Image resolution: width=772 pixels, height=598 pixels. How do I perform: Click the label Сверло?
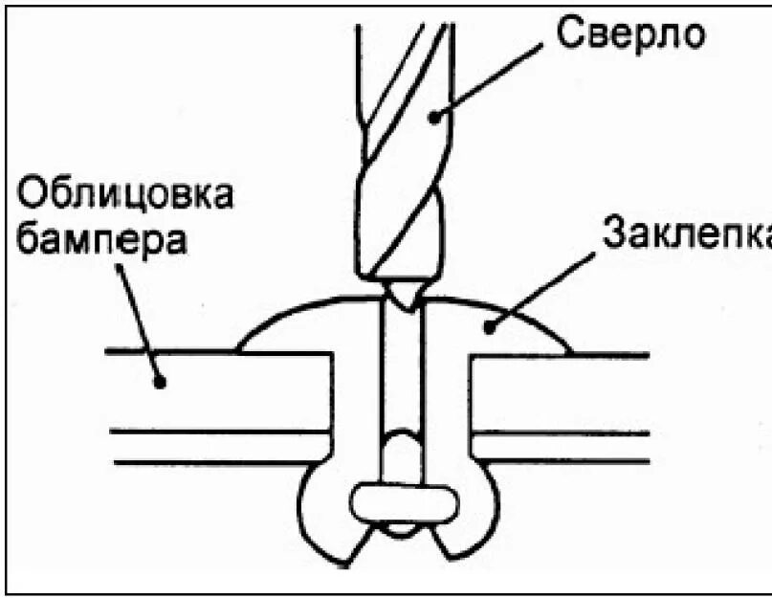(x=631, y=34)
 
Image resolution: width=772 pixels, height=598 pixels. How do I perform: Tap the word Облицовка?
(x=125, y=195)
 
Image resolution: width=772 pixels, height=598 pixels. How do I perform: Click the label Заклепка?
(x=685, y=232)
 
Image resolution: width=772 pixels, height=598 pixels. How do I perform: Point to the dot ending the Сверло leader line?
(x=433, y=117)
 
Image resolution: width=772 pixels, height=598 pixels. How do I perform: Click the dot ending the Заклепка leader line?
(x=488, y=327)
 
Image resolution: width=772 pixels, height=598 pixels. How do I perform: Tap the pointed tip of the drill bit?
(x=403, y=297)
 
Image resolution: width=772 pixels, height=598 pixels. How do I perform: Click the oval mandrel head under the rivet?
(x=402, y=503)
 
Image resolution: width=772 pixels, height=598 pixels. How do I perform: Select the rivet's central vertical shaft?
(x=402, y=383)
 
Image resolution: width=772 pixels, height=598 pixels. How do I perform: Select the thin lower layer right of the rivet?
(x=564, y=448)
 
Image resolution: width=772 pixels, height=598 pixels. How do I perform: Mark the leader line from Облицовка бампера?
(x=139, y=321)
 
